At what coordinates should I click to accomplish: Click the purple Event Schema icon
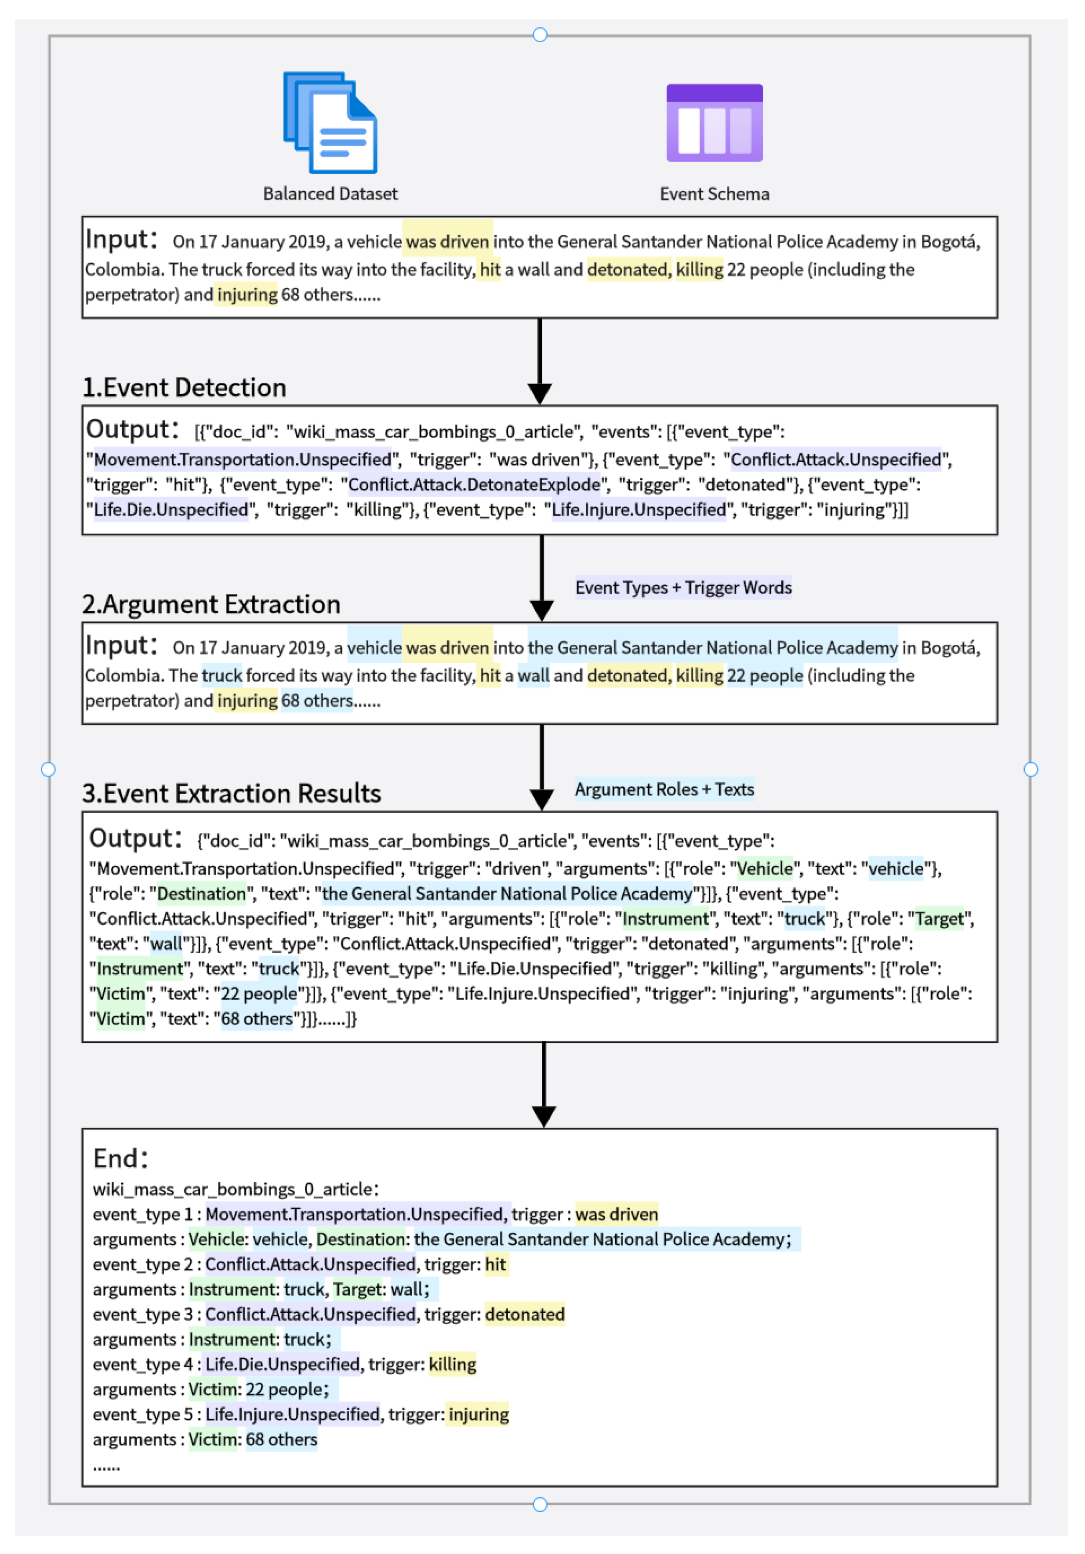coord(714,123)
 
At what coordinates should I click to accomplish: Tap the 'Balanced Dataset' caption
coord(330,193)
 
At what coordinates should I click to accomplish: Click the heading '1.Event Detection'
coord(184,388)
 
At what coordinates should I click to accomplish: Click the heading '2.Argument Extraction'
coord(211,604)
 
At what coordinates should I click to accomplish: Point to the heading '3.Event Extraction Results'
coord(232,793)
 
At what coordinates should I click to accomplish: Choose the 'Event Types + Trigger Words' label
coord(683,588)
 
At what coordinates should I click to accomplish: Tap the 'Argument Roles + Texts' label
coord(664,789)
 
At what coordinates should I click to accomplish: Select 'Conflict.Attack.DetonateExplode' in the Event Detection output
coord(474,485)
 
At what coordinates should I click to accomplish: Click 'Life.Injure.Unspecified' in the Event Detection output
coord(638,510)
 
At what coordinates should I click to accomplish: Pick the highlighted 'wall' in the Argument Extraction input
coord(533,675)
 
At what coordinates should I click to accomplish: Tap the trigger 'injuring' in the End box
coord(479,1415)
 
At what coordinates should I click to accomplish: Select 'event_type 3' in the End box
coord(142,1314)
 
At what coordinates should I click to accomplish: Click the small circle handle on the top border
coord(540,35)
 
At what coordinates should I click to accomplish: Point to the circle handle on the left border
coord(48,769)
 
